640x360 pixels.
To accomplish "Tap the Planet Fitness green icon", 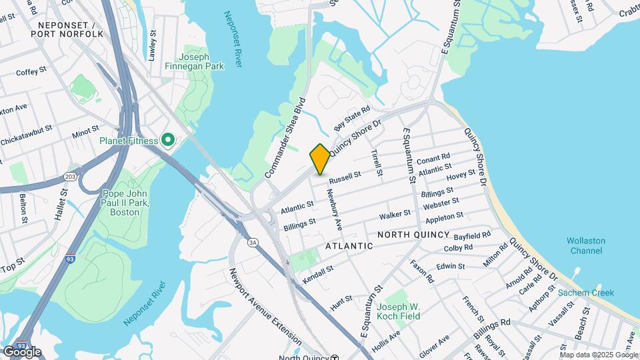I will tap(168, 141).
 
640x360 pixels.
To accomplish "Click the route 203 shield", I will tap(70, 177).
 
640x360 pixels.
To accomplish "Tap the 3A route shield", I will tap(253, 242).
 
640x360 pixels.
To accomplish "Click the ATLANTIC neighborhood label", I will tap(349, 246).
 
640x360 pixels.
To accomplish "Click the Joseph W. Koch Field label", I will tap(399, 311).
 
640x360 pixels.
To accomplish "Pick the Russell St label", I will tap(345, 177).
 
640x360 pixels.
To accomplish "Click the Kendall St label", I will tap(317, 273).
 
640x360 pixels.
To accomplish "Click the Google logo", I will tap(21, 351).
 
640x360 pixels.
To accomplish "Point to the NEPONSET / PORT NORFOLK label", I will tap(67, 28).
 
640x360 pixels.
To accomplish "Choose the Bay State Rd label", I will tap(351, 119).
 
